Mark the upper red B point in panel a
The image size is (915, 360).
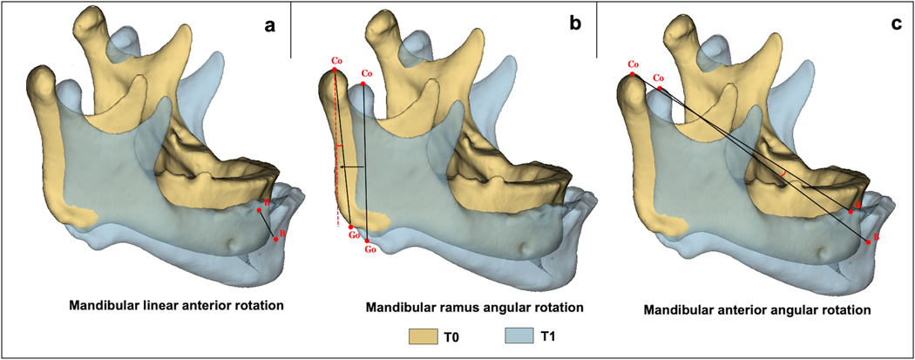(x=259, y=210)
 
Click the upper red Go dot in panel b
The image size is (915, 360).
(x=350, y=227)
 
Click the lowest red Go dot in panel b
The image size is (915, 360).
(x=368, y=241)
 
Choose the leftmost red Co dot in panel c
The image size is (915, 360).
(x=633, y=75)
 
